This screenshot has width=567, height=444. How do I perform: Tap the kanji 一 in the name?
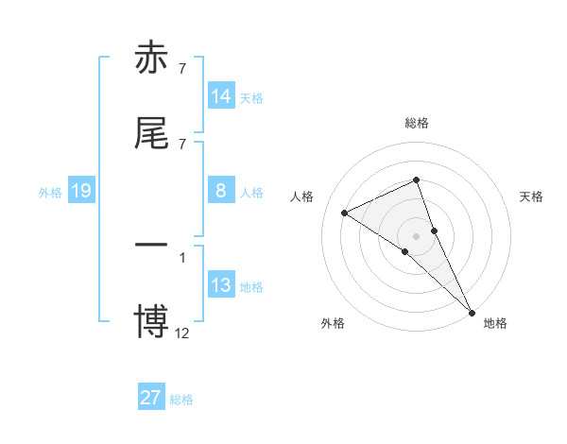[x=152, y=243]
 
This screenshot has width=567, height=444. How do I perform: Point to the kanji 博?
[x=152, y=320]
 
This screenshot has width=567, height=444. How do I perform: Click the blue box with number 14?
[x=221, y=96]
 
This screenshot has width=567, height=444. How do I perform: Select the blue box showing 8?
[x=221, y=191]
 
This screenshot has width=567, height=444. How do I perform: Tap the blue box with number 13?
[x=221, y=285]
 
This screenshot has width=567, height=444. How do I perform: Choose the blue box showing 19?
[x=81, y=192]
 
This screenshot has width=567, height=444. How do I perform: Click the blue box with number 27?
[x=151, y=398]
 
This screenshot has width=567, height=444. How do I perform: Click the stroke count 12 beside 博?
[x=182, y=332]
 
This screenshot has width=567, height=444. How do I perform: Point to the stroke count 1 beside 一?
[x=182, y=256]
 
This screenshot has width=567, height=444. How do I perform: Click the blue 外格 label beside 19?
[x=50, y=193]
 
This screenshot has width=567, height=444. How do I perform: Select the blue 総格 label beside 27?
[x=181, y=400]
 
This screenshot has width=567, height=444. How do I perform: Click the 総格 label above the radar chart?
[x=417, y=123]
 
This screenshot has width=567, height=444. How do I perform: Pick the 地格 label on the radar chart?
[x=495, y=323]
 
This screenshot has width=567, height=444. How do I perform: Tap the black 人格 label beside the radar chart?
[x=301, y=196]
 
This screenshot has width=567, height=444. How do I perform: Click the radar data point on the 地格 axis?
[x=472, y=311]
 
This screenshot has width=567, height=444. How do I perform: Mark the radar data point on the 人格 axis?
[x=344, y=213]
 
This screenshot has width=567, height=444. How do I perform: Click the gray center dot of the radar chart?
[x=416, y=235]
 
